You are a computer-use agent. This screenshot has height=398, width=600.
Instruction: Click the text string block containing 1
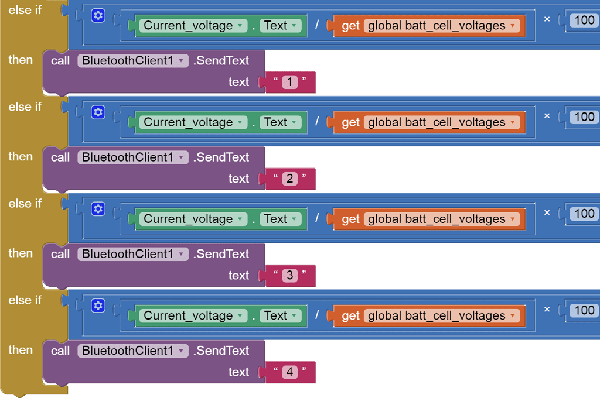click(290, 82)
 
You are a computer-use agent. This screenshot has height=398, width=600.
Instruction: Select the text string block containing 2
click(290, 179)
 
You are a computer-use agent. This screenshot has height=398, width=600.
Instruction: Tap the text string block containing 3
click(290, 275)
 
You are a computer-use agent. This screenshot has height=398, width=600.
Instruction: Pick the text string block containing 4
click(290, 372)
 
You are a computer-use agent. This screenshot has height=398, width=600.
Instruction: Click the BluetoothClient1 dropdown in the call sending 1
click(133, 60)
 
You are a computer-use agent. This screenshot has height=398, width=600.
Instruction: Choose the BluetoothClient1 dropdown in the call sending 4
click(133, 351)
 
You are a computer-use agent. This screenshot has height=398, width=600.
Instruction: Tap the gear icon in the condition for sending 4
click(98, 306)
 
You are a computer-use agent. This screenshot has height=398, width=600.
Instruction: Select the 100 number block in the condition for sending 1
click(584, 20)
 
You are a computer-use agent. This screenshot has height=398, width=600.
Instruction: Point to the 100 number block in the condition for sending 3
click(584, 214)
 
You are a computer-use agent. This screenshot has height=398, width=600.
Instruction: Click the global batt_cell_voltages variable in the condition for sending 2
click(441, 122)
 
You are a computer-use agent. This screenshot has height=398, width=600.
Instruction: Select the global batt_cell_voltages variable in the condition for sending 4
click(441, 315)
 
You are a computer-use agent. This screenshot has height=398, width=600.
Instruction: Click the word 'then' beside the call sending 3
click(21, 253)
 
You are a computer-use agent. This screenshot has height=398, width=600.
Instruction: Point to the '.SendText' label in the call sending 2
click(221, 157)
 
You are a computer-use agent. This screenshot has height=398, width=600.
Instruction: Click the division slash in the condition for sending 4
click(317, 315)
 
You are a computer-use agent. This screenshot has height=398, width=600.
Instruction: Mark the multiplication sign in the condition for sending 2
click(547, 116)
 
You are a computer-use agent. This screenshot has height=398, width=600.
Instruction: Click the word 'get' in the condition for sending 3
click(350, 219)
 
